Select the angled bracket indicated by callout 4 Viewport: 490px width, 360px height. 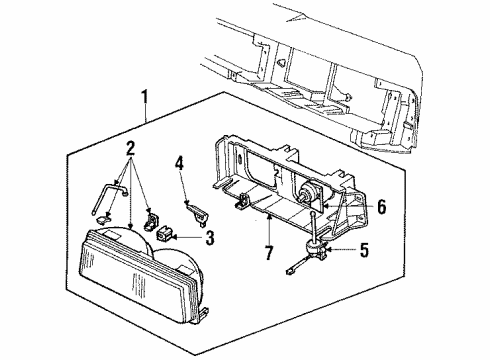[x=197, y=212]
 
